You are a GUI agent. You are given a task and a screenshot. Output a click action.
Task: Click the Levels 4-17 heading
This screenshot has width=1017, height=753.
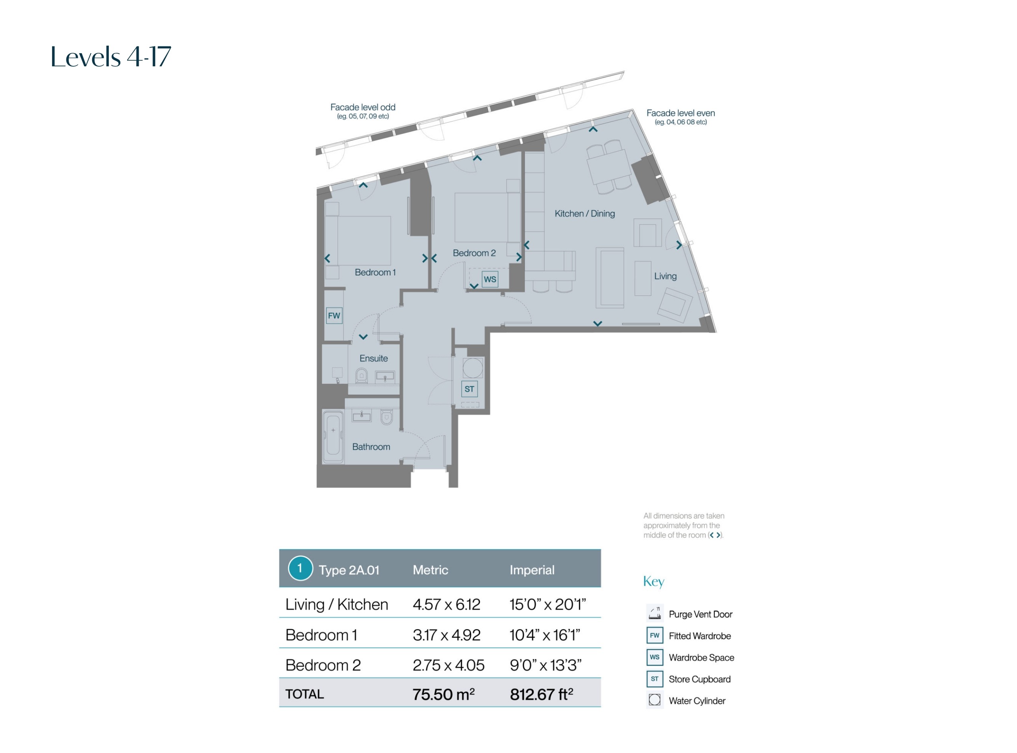coord(111,57)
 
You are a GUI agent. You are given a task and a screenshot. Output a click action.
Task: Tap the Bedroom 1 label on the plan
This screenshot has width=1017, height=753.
coord(375,272)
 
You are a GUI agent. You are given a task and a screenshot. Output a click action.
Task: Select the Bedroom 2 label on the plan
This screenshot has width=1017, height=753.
coord(474,253)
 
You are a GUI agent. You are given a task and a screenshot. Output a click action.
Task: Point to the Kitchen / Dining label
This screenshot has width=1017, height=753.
coord(584,213)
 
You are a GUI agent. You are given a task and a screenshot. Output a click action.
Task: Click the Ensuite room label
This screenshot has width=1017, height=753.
coord(373,358)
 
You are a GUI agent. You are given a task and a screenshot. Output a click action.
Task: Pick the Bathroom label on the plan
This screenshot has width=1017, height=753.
coord(371,447)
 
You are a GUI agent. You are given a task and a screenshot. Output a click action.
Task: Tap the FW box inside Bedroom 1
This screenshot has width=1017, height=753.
coord(334,315)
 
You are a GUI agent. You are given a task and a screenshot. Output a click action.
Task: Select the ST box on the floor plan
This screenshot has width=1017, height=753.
coord(469,389)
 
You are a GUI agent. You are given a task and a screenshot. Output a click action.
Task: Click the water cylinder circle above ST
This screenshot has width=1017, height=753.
coord(472,368)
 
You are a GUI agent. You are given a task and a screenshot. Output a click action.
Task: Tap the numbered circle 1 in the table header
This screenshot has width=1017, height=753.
coord(300,568)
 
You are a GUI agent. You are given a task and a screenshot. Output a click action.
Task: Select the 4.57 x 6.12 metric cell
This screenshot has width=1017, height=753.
coord(446,604)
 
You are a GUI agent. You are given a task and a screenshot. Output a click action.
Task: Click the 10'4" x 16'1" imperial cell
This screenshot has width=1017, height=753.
coord(545,635)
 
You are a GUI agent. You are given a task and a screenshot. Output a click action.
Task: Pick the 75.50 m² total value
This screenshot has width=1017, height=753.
coord(443,694)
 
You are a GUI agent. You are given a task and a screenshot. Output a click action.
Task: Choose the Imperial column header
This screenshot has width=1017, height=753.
coord(532,570)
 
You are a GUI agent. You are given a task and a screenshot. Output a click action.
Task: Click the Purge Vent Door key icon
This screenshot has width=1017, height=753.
coord(655,613)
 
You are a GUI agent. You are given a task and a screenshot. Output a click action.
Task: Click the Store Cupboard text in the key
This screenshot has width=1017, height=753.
coord(699,679)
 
